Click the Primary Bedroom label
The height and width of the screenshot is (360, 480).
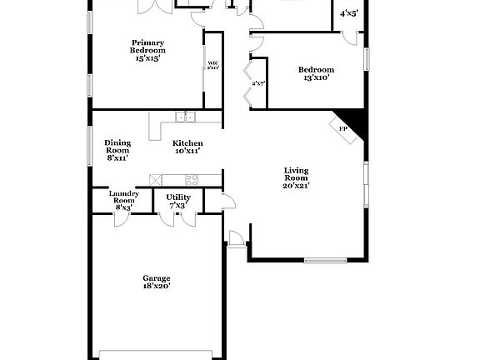coord(147,47)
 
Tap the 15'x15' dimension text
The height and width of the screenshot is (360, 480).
coord(147,58)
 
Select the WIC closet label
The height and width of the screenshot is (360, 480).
coord(213,64)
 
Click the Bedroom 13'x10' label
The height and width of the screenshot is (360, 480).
coord(316,70)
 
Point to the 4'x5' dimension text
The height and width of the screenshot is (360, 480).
coord(349,13)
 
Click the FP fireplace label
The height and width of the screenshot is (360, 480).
coord(342,128)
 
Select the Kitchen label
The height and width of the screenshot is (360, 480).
coord(187,143)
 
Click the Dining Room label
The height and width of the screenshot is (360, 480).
coord(117,146)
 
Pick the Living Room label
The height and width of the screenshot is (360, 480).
coord(297,174)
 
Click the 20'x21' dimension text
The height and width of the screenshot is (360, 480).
coord(297,186)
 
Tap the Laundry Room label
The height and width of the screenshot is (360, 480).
coord(123,197)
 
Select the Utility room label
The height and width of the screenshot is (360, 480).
coord(178,197)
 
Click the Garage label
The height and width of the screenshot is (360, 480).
coord(156,278)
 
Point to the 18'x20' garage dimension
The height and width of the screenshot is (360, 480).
coord(156,286)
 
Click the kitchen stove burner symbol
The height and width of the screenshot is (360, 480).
coord(192,178)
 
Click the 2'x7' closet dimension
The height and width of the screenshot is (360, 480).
coord(258,82)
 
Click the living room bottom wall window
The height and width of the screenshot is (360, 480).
coord(325,260)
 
